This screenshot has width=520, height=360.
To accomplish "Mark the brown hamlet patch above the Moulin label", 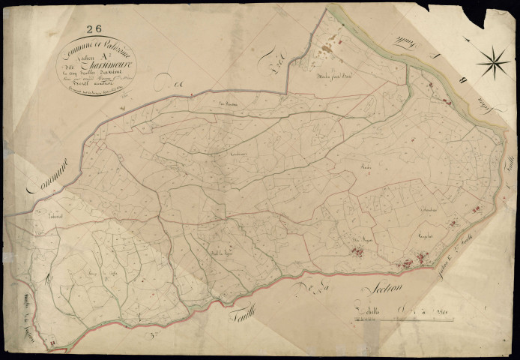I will click(x=327, y=51).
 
